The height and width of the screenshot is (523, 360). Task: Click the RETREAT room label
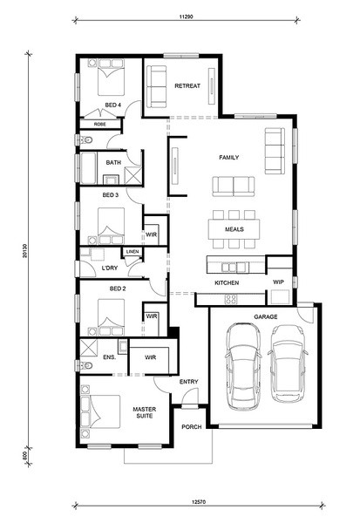(187, 86)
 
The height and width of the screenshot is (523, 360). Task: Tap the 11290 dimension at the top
(187, 16)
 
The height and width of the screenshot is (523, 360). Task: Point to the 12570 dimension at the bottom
(199, 501)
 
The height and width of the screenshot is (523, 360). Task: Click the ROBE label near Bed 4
(99, 124)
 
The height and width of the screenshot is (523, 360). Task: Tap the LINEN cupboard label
(132, 252)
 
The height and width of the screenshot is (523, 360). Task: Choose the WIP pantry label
(278, 282)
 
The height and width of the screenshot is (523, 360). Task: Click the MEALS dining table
(234, 229)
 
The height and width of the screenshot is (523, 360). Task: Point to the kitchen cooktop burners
(230, 299)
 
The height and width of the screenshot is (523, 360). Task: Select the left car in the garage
(243, 366)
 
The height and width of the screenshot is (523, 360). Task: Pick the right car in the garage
(288, 363)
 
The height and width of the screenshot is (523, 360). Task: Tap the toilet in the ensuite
(85, 366)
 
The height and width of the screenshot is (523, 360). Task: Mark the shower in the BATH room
(132, 175)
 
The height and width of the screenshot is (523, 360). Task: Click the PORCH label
(192, 426)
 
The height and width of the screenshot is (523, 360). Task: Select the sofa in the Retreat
(157, 86)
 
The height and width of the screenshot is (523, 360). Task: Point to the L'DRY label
(110, 268)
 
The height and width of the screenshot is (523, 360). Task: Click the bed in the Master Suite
(101, 411)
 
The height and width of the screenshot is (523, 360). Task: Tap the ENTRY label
(189, 382)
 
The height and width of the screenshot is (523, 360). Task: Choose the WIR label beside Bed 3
(151, 234)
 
